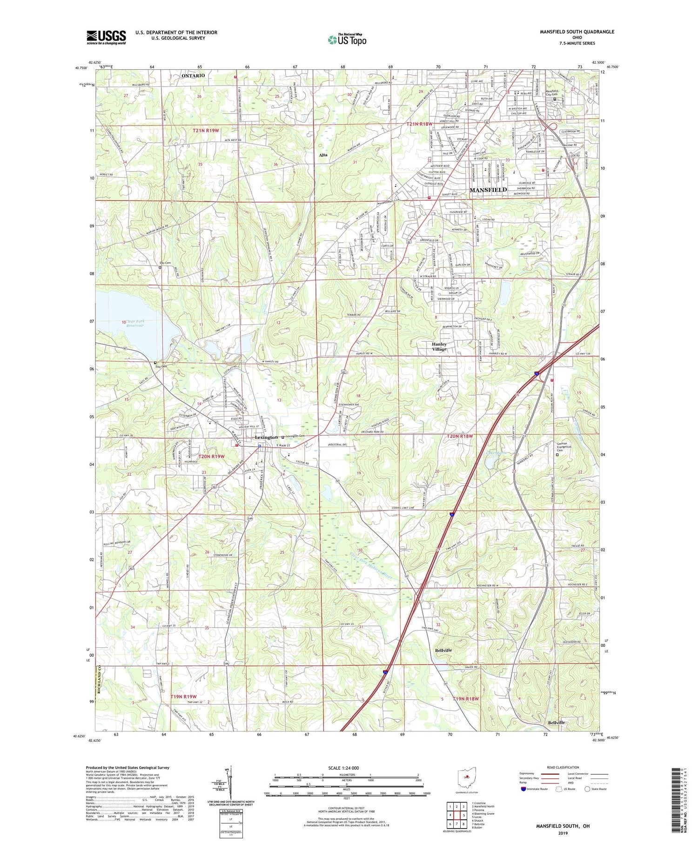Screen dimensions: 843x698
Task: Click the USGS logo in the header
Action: [x=106, y=37]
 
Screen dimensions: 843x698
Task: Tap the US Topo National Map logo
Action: [x=347, y=40]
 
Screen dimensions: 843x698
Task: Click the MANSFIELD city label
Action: [x=488, y=190]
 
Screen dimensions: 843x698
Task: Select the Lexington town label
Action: [x=266, y=438]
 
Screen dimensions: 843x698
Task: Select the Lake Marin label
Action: [x=496, y=452]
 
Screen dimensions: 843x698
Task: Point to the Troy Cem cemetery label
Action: [x=160, y=366]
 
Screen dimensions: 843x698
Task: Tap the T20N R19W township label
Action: [x=211, y=457]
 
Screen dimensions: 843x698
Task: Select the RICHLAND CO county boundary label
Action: [x=99, y=681]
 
